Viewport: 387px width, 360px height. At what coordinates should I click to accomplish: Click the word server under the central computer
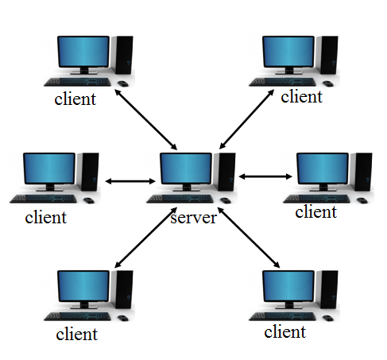click(x=194, y=218)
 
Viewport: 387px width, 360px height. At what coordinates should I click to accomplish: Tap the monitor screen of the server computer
click(x=186, y=168)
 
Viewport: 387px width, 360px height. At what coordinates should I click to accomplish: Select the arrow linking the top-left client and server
click(x=146, y=119)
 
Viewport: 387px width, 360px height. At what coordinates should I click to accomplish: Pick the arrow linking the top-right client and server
click(x=246, y=119)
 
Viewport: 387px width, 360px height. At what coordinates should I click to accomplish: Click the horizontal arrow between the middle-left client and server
click(x=130, y=181)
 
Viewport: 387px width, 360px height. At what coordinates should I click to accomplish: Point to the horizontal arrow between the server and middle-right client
click(x=265, y=176)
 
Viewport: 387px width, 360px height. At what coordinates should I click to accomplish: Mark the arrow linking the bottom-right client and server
click(x=249, y=238)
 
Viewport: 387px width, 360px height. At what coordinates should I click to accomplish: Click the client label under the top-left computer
click(x=75, y=99)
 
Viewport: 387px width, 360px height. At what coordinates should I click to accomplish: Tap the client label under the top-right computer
click(x=302, y=96)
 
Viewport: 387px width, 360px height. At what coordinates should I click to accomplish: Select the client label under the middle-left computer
click(x=46, y=218)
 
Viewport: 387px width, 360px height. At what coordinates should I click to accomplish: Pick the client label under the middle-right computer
click(x=316, y=212)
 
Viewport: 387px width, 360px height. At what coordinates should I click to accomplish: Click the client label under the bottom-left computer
click(x=77, y=334)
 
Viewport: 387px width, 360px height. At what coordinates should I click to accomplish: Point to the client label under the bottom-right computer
click(x=285, y=331)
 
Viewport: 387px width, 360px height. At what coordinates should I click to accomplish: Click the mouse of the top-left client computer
click(x=123, y=83)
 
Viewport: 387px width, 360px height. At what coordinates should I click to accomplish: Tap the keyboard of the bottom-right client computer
click(x=282, y=316)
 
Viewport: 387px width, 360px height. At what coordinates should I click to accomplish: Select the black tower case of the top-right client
click(x=328, y=55)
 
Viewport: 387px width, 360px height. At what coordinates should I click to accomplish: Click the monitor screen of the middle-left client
click(x=49, y=168)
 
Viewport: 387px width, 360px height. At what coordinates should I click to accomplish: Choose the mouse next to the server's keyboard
click(x=226, y=200)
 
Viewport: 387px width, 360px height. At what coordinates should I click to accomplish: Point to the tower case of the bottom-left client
click(x=123, y=289)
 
